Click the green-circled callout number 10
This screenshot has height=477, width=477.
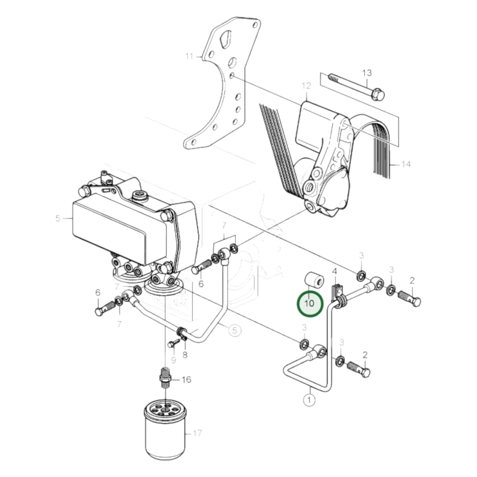pyautogui.click(x=310, y=303)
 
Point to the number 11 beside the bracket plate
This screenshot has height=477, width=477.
pyautogui.click(x=189, y=56)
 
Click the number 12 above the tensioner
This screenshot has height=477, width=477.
pyautogui.click(x=306, y=86)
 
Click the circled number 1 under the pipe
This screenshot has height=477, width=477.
pyautogui.click(x=309, y=400)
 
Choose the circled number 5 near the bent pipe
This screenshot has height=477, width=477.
pyautogui.click(x=234, y=330)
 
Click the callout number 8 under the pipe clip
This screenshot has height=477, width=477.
pyautogui.click(x=185, y=355)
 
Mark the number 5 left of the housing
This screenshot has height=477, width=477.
pyautogui.click(x=58, y=218)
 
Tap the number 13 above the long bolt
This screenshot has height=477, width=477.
pyautogui.click(x=367, y=73)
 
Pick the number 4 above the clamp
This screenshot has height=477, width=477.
pyautogui.click(x=334, y=272)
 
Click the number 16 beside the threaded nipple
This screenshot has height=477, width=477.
pyautogui.click(x=186, y=380)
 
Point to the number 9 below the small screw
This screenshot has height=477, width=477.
pyautogui.click(x=173, y=359)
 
